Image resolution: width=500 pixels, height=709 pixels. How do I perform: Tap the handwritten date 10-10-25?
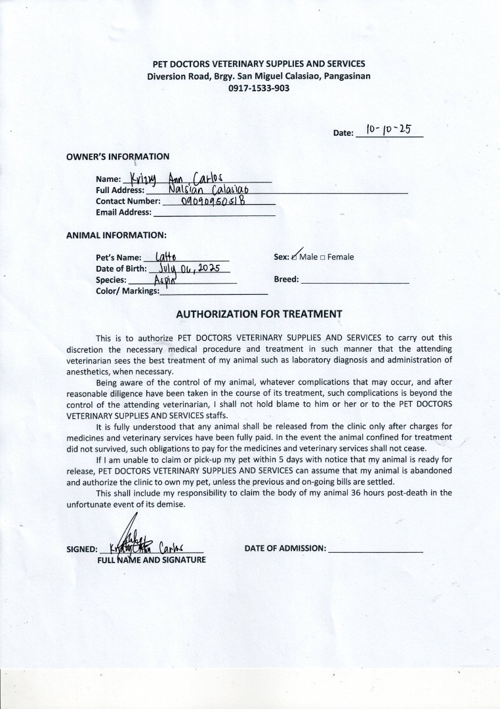click(388, 129)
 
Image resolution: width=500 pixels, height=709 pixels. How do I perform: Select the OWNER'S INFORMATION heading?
click(118, 156)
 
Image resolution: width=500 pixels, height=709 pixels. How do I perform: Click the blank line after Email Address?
click(214, 213)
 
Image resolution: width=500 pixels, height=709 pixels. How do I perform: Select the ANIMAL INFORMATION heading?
click(116, 235)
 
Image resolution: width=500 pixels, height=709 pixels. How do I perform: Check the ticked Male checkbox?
click(295, 257)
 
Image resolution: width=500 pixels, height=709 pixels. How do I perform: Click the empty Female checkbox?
click(322, 257)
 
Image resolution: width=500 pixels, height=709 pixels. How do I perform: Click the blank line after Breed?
click(354, 280)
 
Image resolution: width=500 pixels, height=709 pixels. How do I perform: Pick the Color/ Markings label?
click(127, 291)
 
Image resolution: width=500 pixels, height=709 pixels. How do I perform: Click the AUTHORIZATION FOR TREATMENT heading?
click(259, 314)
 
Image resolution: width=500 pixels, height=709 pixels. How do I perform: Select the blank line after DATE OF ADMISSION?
click(375, 549)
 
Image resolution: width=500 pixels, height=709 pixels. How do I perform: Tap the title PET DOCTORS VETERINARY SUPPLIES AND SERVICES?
click(259, 64)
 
